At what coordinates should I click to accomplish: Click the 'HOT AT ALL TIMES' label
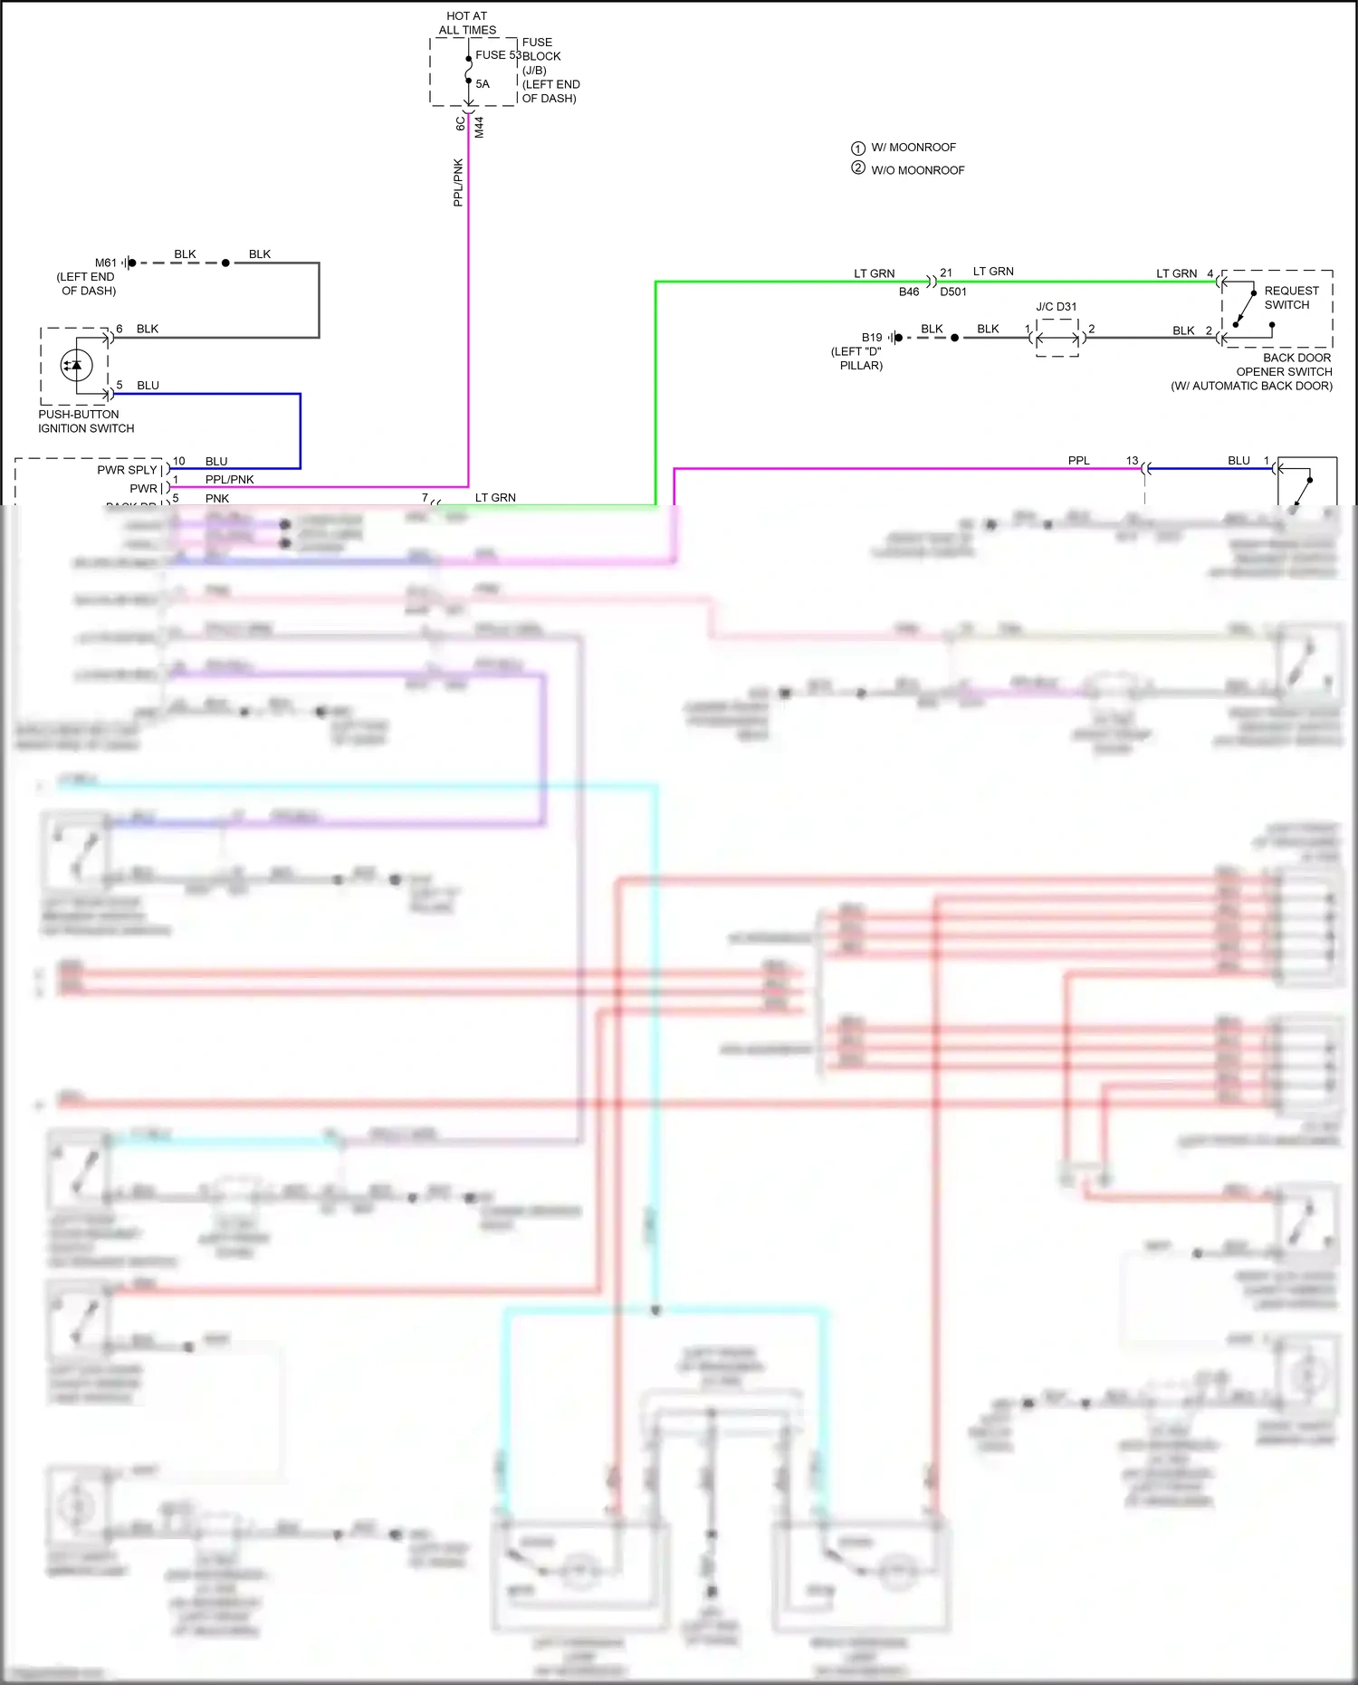[x=467, y=23]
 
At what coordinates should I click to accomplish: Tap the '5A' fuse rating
[x=483, y=84]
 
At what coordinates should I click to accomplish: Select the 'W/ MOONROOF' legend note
[x=913, y=148]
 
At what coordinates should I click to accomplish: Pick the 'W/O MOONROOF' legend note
[x=917, y=170]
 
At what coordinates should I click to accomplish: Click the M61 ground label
[x=106, y=263]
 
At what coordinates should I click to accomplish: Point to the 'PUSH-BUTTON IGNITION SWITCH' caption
[x=85, y=421]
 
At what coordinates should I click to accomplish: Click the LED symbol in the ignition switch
[x=76, y=365]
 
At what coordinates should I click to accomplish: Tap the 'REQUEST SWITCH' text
[x=1291, y=298]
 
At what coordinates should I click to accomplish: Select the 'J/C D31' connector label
[x=1057, y=307]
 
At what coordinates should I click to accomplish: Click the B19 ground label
[x=872, y=338]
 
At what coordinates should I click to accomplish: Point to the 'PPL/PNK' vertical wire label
[x=458, y=183]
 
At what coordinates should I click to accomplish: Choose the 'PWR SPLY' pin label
[x=127, y=470]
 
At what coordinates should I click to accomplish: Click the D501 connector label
[x=953, y=292]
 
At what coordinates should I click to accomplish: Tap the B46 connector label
[x=909, y=292]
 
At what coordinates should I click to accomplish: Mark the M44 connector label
[x=479, y=128]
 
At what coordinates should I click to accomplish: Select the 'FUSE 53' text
[x=497, y=55]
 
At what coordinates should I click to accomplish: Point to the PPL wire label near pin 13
[x=1078, y=461]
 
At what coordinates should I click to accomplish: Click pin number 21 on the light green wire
[x=946, y=273]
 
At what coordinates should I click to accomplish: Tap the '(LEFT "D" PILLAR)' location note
[x=856, y=359]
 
